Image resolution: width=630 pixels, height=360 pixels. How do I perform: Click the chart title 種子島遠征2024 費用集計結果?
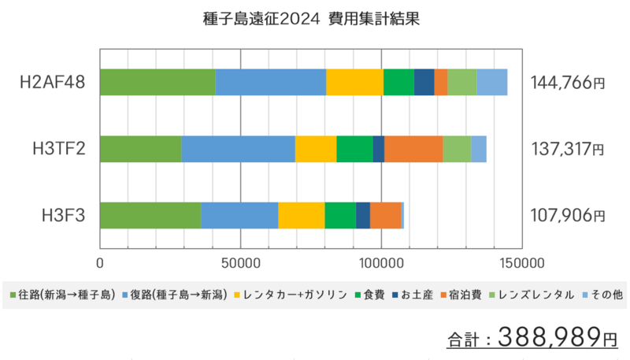click(311, 19)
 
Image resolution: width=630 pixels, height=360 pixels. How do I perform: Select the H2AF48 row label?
click(53, 83)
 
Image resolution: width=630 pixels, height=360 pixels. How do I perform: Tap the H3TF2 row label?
click(59, 149)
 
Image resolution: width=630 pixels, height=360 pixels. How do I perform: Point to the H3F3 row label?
click(64, 216)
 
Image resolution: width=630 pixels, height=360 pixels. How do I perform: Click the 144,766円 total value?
click(568, 83)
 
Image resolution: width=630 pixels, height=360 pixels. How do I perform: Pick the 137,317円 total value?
click(568, 149)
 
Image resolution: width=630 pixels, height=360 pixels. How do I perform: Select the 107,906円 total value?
click(568, 216)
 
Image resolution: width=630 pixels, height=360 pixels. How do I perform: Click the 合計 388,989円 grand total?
click(532, 337)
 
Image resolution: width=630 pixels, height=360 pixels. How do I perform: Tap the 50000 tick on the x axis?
click(241, 263)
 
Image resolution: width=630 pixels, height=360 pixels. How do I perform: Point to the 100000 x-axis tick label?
click(381, 263)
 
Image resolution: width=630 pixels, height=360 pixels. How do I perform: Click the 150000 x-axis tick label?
click(522, 263)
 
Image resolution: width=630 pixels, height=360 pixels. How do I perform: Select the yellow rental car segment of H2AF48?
click(355, 82)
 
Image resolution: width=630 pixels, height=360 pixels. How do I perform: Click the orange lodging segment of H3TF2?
click(413, 149)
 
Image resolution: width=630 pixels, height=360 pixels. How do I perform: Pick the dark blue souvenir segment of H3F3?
click(363, 215)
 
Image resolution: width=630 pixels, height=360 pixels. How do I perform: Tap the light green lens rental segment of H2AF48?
click(462, 82)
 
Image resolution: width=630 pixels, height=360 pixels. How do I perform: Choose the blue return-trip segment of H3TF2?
click(239, 149)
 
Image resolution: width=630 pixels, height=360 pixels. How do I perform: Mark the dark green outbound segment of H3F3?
click(150, 215)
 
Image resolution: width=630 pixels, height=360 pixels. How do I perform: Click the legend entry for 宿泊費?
click(461, 295)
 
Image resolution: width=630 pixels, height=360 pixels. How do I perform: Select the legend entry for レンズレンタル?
click(532, 295)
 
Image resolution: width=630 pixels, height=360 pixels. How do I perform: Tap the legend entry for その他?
click(602, 295)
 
